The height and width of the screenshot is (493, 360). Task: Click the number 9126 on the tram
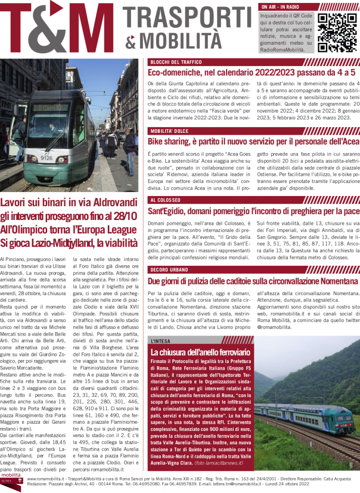click(x=47, y=157)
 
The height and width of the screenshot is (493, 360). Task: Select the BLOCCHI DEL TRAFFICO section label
click(x=176, y=62)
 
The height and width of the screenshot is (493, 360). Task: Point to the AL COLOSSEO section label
click(x=165, y=200)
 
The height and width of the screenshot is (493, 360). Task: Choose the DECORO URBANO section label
click(x=169, y=269)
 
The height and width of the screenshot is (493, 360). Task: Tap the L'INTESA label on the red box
click(x=160, y=341)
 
